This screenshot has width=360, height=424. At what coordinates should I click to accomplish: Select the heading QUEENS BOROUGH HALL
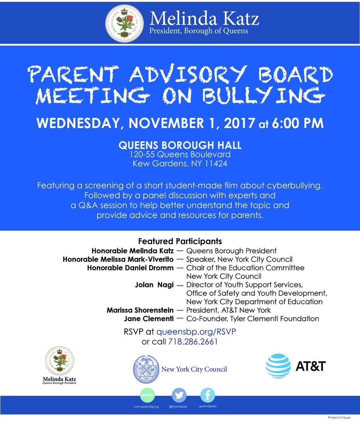180,145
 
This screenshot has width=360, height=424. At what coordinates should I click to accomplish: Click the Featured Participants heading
180,241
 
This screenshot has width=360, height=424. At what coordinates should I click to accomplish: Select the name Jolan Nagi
154,285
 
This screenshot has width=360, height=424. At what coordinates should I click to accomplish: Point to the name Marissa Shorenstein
140,310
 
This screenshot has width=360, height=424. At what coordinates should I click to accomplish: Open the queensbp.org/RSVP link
196,332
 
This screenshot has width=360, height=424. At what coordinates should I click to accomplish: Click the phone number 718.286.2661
193,342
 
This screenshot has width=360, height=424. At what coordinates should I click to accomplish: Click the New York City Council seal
145,370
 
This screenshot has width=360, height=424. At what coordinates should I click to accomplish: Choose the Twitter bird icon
179,395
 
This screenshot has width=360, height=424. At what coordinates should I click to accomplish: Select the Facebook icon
208,395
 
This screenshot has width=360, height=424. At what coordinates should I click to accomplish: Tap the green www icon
147,395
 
